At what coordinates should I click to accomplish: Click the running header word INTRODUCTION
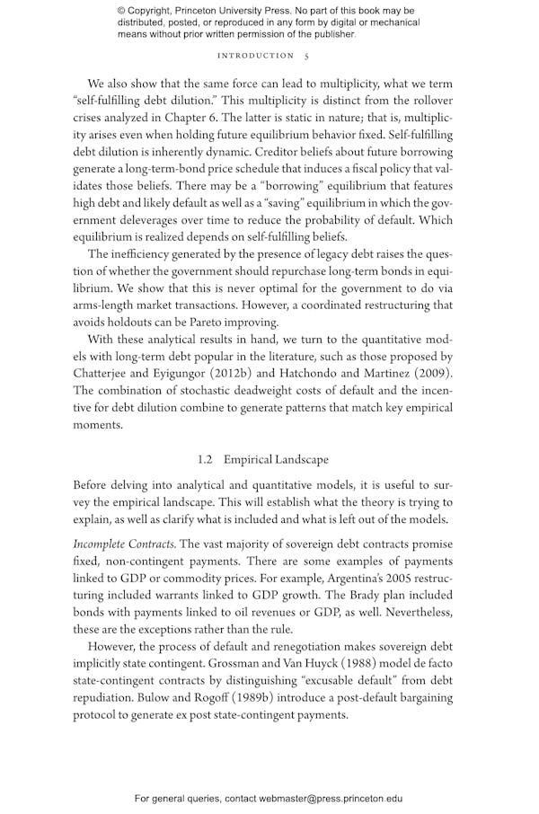[x=256, y=56]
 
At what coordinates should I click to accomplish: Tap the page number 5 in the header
[x=306, y=56]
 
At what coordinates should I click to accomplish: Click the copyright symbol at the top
[x=122, y=11]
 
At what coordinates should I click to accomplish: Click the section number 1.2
[x=205, y=459]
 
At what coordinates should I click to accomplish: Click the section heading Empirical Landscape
[x=276, y=459]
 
